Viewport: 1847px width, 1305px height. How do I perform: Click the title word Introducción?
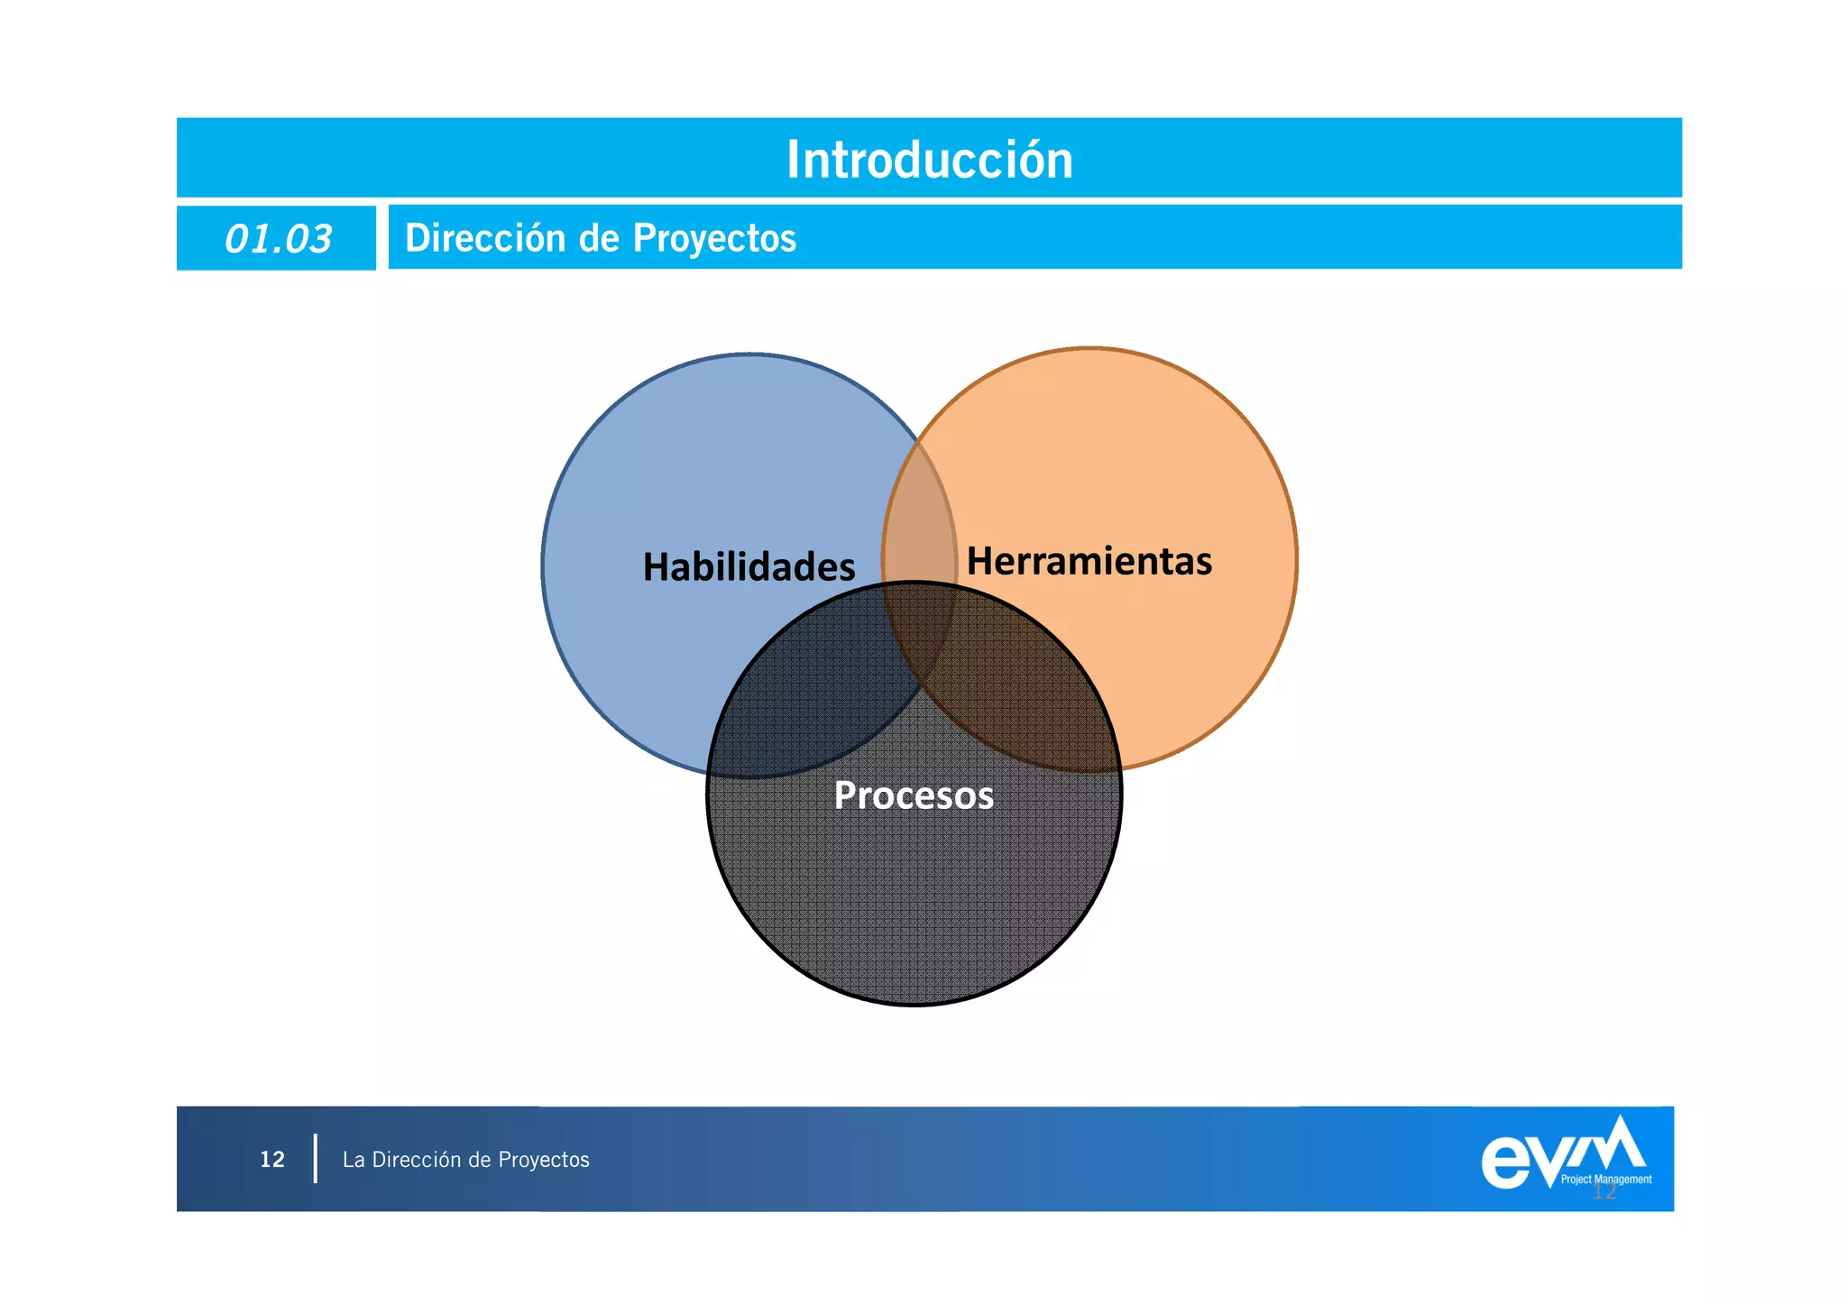click(929, 160)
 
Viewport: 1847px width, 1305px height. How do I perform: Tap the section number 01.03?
click(278, 239)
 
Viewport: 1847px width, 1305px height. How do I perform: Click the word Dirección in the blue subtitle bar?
click(485, 238)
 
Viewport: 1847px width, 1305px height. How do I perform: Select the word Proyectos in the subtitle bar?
click(714, 238)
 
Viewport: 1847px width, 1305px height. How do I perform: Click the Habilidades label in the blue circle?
click(749, 567)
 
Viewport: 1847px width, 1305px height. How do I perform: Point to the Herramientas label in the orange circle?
click(1089, 561)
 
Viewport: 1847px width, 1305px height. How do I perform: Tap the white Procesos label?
click(914, 795)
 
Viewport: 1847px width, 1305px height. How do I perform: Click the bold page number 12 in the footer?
click(272, 1160)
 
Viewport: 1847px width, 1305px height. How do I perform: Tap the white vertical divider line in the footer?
click(316, 1159)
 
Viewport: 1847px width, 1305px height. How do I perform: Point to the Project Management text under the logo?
click(1606, 1180)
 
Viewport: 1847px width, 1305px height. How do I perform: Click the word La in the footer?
click(354, 1160)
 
